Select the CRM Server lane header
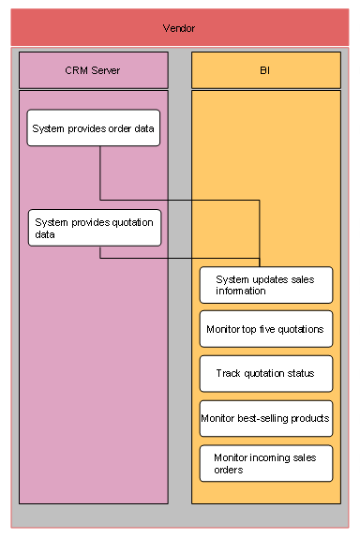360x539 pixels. (x=94, y=70)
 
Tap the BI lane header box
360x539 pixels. (x=266, y=70)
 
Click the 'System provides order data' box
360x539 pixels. (x=94, y=127)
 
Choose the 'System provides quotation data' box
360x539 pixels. (x=94, y=228)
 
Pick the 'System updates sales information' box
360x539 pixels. (x=266, y=285)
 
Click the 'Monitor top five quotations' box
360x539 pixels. (x=266, y=329)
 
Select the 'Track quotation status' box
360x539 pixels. (x=266, y=373)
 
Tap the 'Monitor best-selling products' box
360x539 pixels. (x=266, y=418)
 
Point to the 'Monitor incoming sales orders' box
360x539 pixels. (x=266, y=463)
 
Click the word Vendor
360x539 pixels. (x=179, y=29)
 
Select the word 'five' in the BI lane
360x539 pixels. (x=272, y=329)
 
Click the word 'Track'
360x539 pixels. (x=230, y=373)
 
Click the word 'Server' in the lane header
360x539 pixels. (x=107, y=70)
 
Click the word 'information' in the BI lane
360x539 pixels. (x=241, y=291)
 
